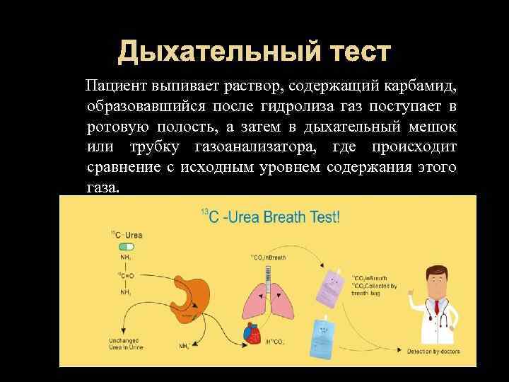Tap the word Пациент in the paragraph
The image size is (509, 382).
point(115,86)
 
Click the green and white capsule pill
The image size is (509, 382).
point(127,247)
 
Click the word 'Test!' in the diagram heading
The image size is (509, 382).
point(322,216)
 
